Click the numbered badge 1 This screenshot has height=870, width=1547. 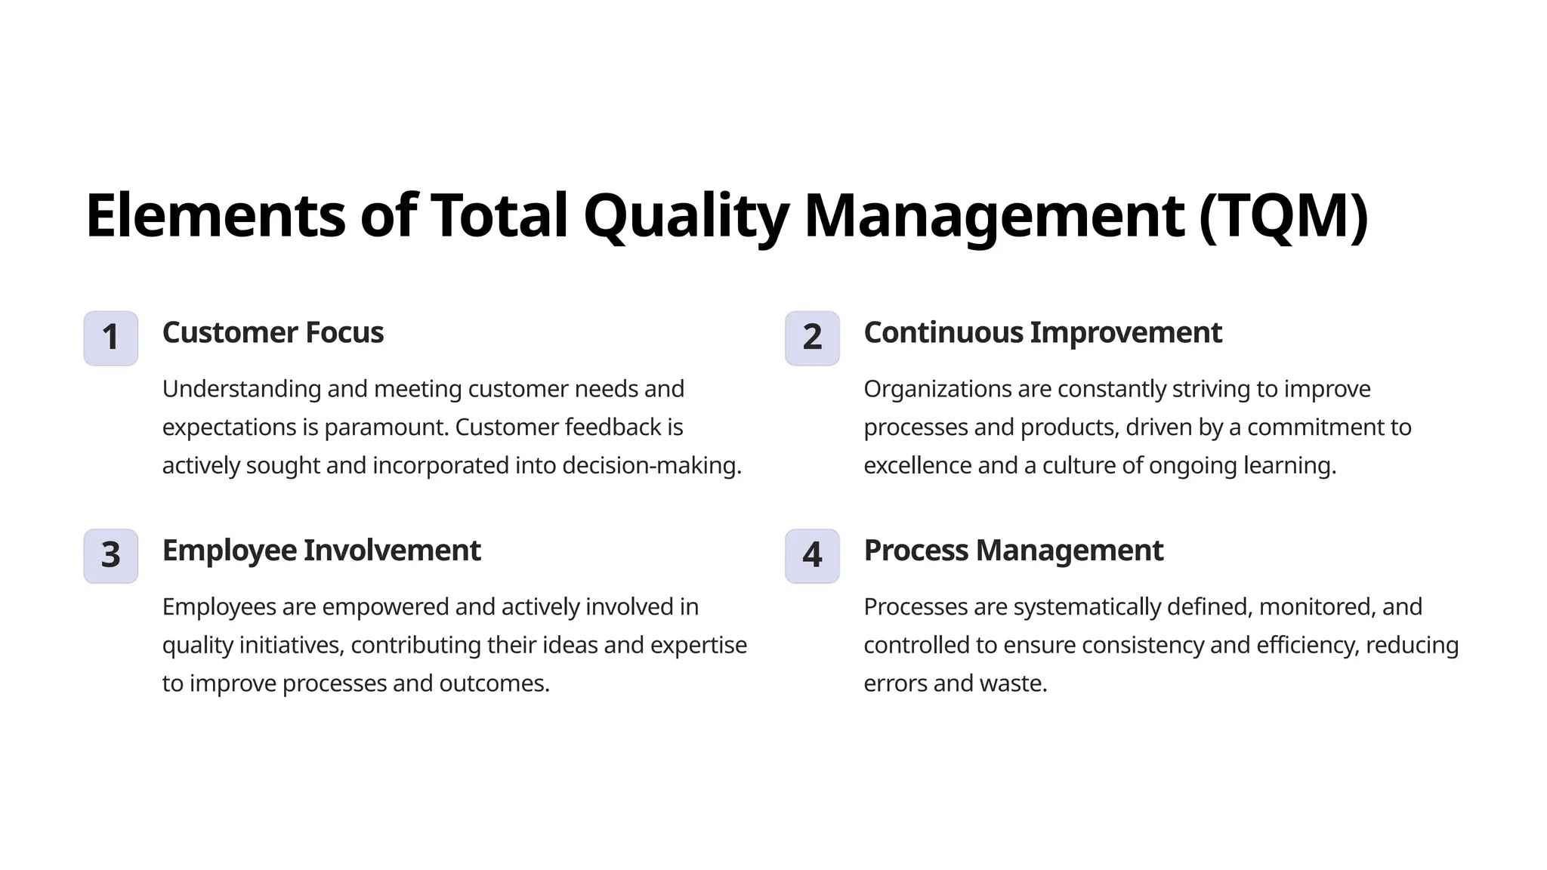tap(110, 338)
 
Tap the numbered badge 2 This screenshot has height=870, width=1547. tap(812, 338)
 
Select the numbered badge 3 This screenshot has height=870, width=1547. tap(110, 556)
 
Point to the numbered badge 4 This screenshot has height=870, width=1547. tap(812, 556)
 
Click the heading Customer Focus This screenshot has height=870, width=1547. tap(273, 333)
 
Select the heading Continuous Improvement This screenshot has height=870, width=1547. tap(1042, 333)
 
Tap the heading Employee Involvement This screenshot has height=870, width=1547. tap(321, 551)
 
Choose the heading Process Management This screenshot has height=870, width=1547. tap(1013, 551)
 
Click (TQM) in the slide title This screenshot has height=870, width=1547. tap(1283, 216)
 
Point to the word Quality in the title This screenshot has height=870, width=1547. tap(686, 216)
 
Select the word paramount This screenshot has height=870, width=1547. tap(386, 427)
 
